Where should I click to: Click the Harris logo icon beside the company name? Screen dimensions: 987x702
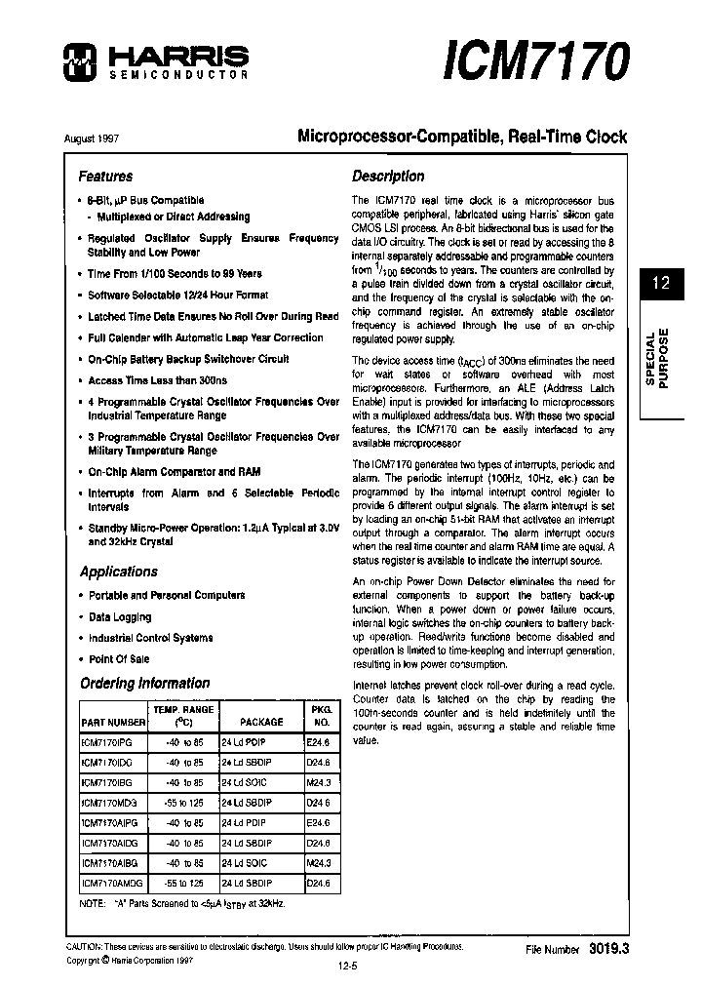(77, 61)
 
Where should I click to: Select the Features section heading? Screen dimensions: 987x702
(105, 177)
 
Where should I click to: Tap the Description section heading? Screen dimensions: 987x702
(388, 177)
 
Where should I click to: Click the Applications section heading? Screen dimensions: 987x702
(118, 572)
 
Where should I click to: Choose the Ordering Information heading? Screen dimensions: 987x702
(144, 683)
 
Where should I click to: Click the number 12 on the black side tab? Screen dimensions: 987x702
(660, 284)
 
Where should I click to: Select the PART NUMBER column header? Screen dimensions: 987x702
(113, 722)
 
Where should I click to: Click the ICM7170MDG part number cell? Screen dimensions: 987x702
(111, 802)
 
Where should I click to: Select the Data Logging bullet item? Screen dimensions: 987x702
(120, 617)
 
